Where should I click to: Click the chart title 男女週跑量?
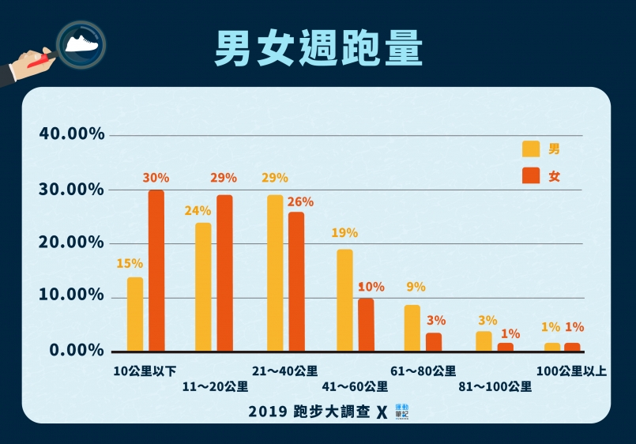point(318,49)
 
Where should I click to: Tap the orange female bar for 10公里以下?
point(156,270)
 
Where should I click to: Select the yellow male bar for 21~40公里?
point(275,273)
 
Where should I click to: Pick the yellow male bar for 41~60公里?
point(344,300)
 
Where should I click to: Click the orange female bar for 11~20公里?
point(225,273)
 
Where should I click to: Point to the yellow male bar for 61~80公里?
point(412,328)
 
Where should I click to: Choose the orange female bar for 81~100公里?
point(506,347)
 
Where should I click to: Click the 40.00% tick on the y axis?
point(72,134)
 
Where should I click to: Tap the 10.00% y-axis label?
point(72,295)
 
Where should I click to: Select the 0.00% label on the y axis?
point(77,349)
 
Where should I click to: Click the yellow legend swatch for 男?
point(531,149)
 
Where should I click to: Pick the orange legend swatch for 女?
point(531,176)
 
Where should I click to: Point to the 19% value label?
point(345,233)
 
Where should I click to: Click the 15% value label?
point(130,263)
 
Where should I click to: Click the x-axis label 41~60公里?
point(355,386)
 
